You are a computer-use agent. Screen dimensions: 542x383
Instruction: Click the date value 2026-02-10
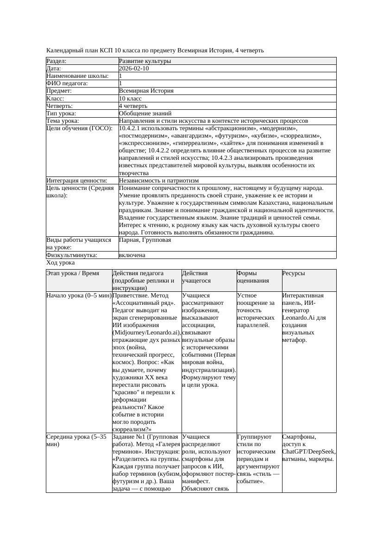click(134, 69)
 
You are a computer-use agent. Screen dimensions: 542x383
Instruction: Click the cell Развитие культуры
click(145, 61)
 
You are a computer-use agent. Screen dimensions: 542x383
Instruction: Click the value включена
click(132, 255)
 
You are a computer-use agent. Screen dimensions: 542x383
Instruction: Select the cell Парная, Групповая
click(145, 240)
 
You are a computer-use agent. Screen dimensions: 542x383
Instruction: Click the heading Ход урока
click(60, 263)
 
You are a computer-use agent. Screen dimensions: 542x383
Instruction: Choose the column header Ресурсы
click(294, 273)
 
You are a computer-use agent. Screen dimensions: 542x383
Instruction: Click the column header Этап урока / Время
click(73, 273)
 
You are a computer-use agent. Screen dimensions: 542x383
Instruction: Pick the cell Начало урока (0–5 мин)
click(79, 296)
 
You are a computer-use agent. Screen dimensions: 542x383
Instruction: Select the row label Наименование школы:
click(77, 76)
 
